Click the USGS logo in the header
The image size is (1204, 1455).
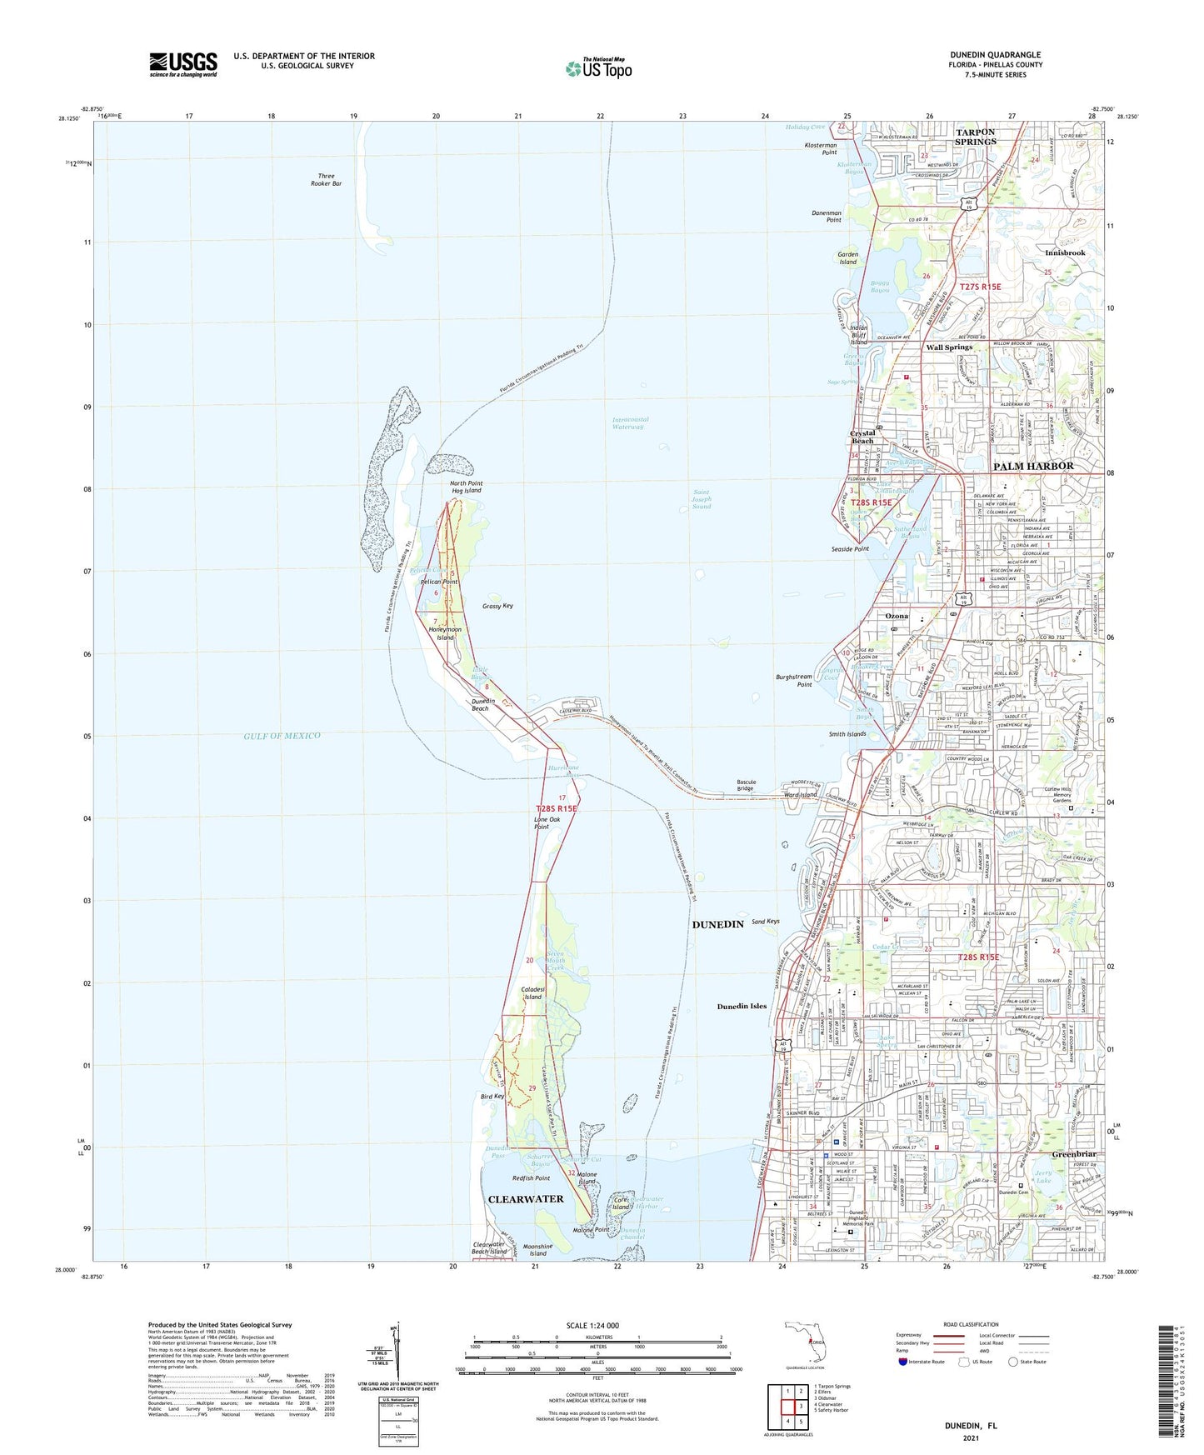(183, 64)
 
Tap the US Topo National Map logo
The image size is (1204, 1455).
(598, 68)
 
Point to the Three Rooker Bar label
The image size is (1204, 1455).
(329, 179)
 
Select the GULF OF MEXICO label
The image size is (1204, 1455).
(282, 736)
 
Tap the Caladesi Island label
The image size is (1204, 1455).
(532, 992)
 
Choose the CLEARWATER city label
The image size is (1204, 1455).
(526, 1199)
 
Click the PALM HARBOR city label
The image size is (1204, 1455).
(1033, 466)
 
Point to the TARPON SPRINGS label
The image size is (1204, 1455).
(975, 137)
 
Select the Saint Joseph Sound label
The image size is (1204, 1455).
(702, 499)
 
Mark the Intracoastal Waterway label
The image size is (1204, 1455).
(630, 423)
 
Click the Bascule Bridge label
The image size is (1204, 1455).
(746, 785)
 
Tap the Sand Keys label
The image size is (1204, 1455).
(766, 922)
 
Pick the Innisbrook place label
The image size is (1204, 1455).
(1065, 252)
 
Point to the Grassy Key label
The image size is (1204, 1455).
(497, 606)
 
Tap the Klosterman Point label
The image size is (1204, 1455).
(819, 148)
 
